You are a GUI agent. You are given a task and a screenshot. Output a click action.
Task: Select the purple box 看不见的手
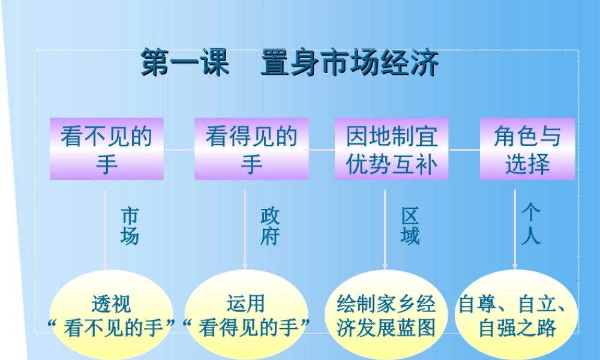[107, 149]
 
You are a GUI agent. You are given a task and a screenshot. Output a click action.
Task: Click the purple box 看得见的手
[251, 149]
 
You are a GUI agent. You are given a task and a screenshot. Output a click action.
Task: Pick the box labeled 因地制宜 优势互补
[391, 149]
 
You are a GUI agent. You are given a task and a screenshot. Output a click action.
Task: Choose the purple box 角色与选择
[527, 149]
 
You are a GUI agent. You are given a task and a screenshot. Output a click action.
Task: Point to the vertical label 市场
[130, 226]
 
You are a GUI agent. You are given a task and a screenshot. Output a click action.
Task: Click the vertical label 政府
[270, 226]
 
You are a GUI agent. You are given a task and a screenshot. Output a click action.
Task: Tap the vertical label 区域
[410, 226]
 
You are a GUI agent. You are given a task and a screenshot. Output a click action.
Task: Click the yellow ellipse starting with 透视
[110, 315]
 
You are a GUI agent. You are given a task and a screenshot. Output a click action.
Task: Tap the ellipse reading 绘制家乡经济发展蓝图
[386, 315]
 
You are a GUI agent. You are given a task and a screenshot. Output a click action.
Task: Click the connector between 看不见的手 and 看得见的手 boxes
[179, 149]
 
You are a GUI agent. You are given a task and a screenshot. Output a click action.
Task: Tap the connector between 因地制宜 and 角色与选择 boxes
[464, 149]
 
